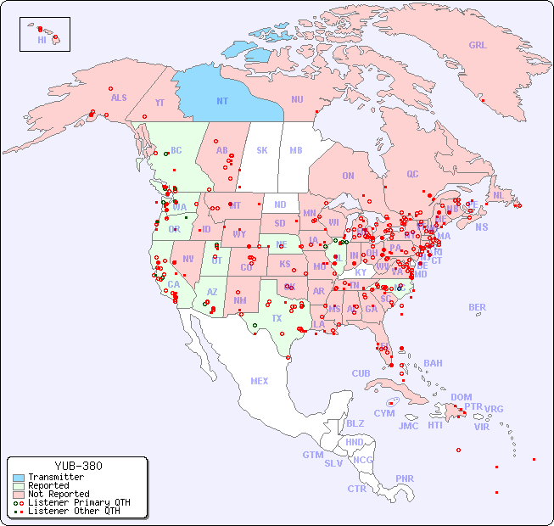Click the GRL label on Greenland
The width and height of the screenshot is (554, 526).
478,45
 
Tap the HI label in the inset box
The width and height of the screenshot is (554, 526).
42,40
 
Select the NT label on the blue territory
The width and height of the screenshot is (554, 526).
221,101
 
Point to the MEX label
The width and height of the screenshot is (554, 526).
260,381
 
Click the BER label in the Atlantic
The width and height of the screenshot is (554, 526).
478,307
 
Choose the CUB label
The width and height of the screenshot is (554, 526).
361,373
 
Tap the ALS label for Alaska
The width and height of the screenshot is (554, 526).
119,98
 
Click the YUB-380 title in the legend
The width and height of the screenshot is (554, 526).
78,466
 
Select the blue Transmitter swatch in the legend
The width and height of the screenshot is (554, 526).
18,478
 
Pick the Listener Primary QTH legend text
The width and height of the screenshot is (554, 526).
78,502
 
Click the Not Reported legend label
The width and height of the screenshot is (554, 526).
59,494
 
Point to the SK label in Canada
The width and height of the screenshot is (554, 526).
262,150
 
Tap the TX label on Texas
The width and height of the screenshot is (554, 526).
277,318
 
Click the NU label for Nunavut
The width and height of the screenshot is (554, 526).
297,99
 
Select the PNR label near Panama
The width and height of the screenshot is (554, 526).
405,478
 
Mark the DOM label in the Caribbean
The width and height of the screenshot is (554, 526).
461,397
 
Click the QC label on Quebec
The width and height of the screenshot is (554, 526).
412,174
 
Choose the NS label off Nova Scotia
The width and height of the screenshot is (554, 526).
482,227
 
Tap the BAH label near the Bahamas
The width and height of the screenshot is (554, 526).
433,363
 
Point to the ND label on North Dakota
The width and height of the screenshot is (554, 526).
280,204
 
